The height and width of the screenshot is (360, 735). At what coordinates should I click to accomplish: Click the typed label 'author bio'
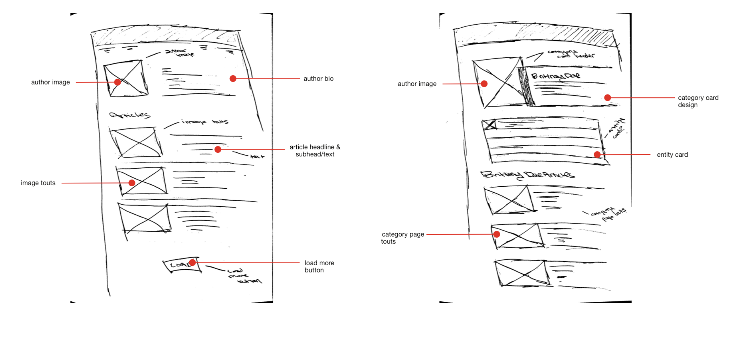pyautogui.click(x=318, y=79)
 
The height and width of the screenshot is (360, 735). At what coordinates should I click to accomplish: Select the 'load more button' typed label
pyautogui.click(x=319, y=267)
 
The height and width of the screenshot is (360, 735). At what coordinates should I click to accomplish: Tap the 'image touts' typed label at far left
pyautogui.click(x=38, y=183)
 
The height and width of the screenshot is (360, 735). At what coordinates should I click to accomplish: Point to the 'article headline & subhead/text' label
pyautogui.click(x=315, y=151)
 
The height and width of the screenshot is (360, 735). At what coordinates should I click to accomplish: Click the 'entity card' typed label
pyautogui.click(x=672, y=155)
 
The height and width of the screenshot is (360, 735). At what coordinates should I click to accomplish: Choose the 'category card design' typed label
pyautogui.click(x=698, y=101)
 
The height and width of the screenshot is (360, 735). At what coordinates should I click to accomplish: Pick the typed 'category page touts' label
pyautogui.click(x=402, y=238)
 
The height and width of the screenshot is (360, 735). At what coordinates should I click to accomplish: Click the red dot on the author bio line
pyautogui.click(x=233, y=79)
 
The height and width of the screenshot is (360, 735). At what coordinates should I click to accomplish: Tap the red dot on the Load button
pyautogui.click(x=192, y=263)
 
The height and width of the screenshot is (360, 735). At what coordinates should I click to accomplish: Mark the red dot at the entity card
pyautogui.click(x=597, y=154)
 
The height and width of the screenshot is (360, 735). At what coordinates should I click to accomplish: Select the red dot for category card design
pyautogui.click(x=607, y=97)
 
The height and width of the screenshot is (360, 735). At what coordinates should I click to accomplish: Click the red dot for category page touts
pyautogui.click(x=497, y=234)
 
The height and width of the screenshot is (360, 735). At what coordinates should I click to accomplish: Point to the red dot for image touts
pyautogui.click(x=132, y=183)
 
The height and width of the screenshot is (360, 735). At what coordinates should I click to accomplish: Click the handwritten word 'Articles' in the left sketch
pyautogui.click(x=130, y=115)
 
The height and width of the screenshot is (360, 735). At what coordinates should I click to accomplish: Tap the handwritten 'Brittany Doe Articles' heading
pyautogui.click(x=527, y=175)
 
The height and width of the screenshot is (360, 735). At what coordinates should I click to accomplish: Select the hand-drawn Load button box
pyautogui.click(x=181, y=265)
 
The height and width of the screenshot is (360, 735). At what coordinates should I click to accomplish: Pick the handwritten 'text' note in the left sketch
pyautogui.click(x=257, y=156)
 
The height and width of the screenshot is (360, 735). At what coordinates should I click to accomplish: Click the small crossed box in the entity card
pyautogui.click(x=489, y=125)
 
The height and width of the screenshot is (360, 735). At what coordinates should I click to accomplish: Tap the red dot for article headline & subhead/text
pyautogui.click(x=218, y=149)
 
